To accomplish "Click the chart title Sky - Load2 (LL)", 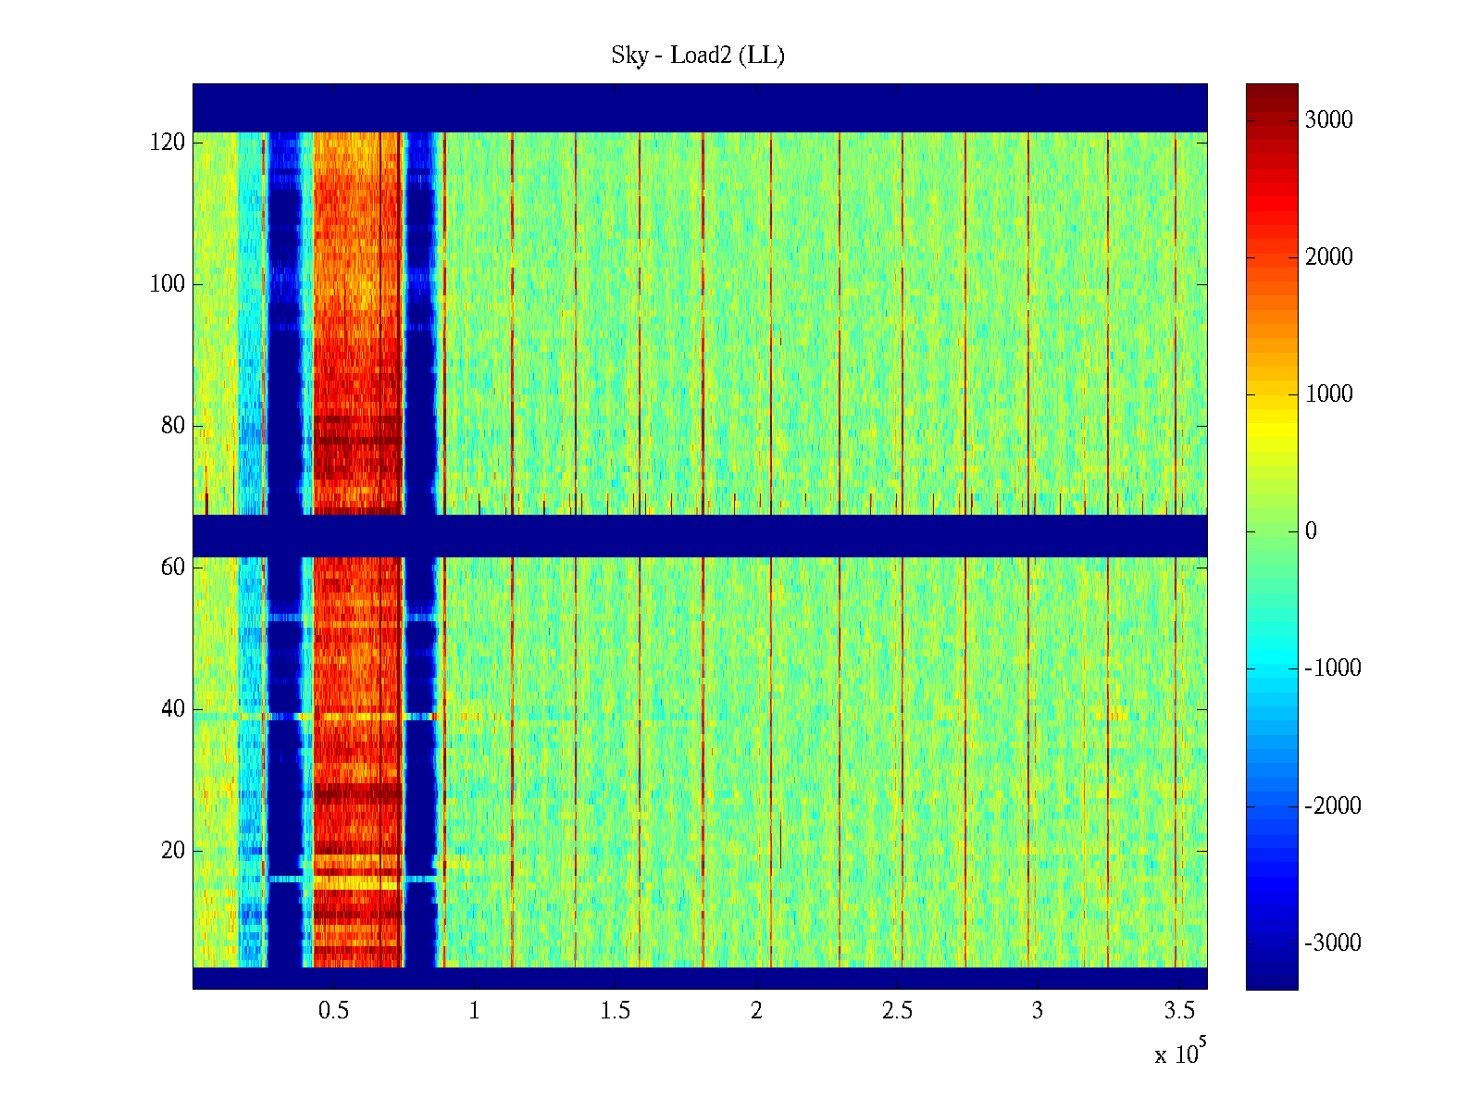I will click(x=698, y=56).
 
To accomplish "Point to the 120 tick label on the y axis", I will click(x=168, y=143).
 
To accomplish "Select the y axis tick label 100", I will click(x=168, y=284).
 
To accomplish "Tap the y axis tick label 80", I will click(x=173, y=426).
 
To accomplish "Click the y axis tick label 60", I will click(x=173, y=568).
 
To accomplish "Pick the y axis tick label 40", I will click(x=173, y=709).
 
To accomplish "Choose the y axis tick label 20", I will click(x=173, y=851).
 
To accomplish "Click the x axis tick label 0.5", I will click(x=333, y=1011).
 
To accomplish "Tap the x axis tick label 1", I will click(x=474, y=1011).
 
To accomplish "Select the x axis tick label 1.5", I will click(x=615, y=1011).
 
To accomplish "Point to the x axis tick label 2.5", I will click(x=897, y=1011).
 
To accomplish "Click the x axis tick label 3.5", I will click(x=1178, y=1011).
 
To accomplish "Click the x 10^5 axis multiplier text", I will click(x=1179, y=1054).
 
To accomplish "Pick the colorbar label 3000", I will click(x=1328, y=120).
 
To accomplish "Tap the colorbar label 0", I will click(x=1311, y=531).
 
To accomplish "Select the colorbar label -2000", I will click(x=1333, y=806).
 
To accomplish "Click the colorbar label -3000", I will click(x=1333, y=943).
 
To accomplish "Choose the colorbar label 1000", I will click(x=1328, y=394).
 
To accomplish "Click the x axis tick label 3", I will click(x=1038, y=1011).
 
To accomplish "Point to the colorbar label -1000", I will click(x=1333, y=668).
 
